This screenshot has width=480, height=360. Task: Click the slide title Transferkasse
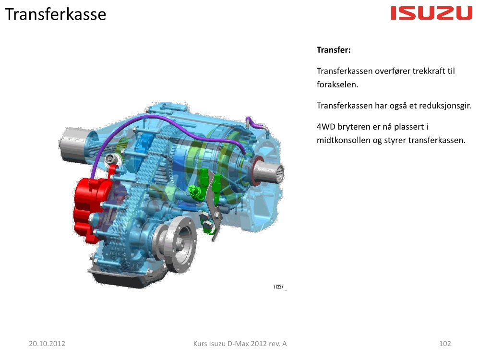pyautogui.click(x=55, y=14)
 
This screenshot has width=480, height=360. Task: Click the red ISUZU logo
pyautogui.click(x=432, y=13)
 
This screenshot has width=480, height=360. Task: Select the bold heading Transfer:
pyautogui.click(x=334, y=50)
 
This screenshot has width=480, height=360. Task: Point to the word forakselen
pyautogui.click(x=337, y=84)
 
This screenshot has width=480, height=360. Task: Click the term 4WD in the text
pyautogui.click(x=326, y=127)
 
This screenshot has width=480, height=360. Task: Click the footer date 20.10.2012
pyautogui.click(x=47, y=344)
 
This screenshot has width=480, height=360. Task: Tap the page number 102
pyautogui.click(x=445, y=344)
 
